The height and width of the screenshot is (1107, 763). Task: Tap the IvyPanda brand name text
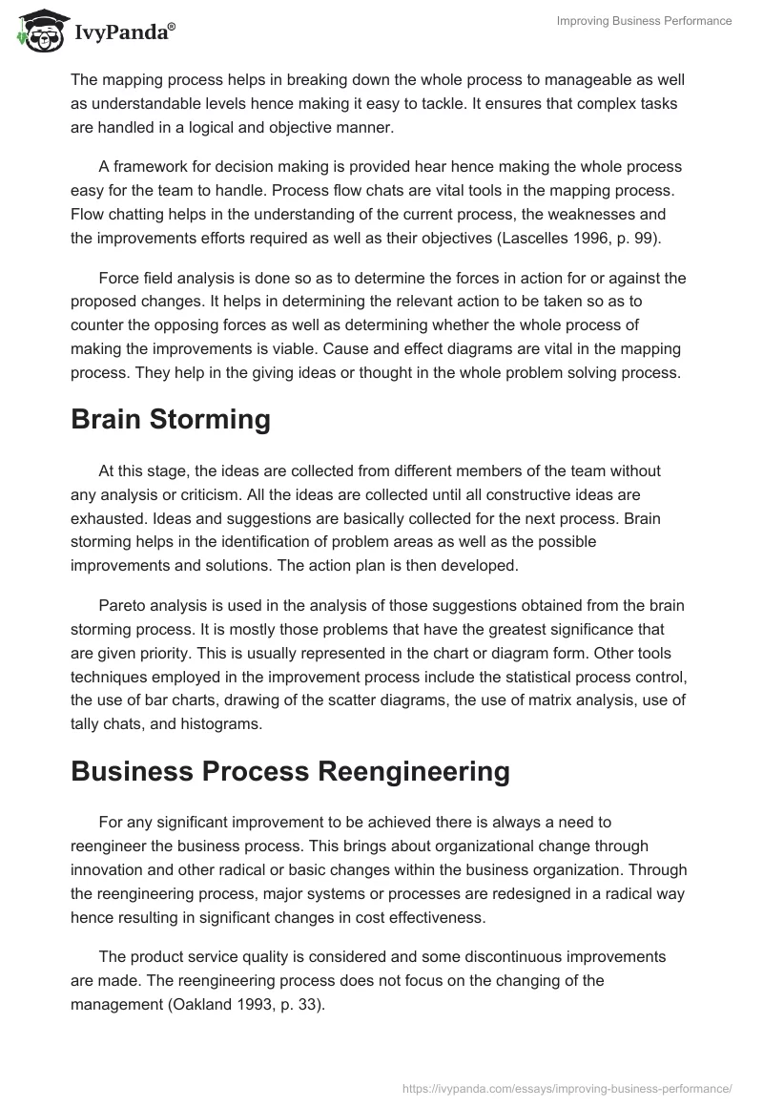123,32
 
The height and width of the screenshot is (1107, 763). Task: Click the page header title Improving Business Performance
645,21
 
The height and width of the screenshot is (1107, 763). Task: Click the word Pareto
123,606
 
